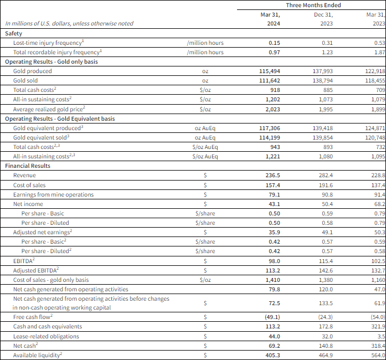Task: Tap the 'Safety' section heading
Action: pos(14,33)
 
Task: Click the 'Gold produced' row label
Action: pos(32,71)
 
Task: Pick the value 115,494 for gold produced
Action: pos(268,71)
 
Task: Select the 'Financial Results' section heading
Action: pos(28,166)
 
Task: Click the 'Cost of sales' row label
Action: pos(29,184)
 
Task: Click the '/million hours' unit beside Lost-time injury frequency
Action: pos(205,43)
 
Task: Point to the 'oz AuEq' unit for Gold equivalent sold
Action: pos(205,137)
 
